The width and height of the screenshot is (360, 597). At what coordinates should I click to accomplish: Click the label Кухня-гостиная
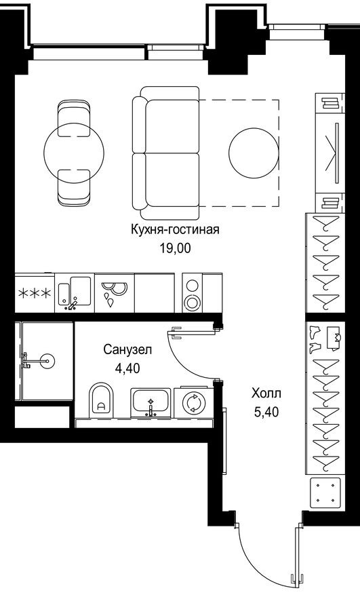point(175,229)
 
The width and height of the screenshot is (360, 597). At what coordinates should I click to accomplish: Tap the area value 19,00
point(175,248)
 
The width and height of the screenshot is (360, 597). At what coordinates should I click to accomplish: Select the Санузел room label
point(127,349)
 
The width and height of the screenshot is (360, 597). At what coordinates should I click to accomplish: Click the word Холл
point(265,393)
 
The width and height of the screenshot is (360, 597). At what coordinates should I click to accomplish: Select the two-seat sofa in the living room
point(165,153)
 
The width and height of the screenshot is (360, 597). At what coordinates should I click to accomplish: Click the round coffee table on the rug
point(254,153)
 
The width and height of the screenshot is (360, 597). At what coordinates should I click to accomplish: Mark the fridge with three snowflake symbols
point(34,293)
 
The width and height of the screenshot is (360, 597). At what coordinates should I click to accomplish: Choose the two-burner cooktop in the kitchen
point(193,293)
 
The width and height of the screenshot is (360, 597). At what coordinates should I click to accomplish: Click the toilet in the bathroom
point(102,402)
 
